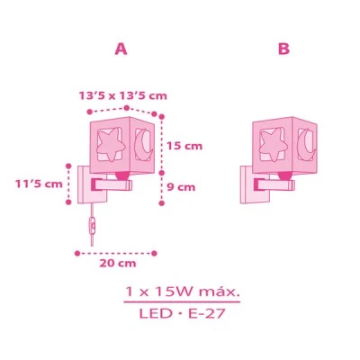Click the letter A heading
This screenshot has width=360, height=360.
(121, 49)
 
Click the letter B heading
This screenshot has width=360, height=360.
(283, 49)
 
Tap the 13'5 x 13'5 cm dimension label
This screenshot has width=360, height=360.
(122, 96)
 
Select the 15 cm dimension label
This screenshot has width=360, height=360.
(184, 146)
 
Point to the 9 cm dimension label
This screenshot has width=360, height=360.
(181, 187)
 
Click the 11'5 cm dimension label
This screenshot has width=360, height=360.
(39, 184)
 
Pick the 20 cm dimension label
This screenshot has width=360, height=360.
(118, 264)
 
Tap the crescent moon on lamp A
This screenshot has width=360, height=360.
(143, 143)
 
